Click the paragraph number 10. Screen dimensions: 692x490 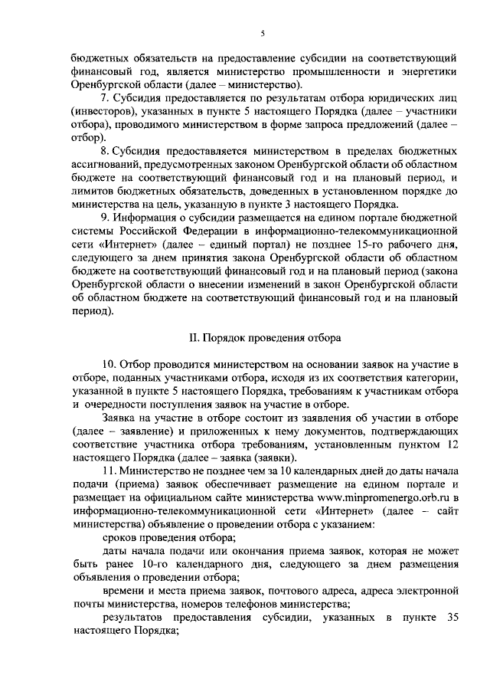coord(109,363)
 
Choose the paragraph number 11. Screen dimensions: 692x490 coord(108,467)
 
